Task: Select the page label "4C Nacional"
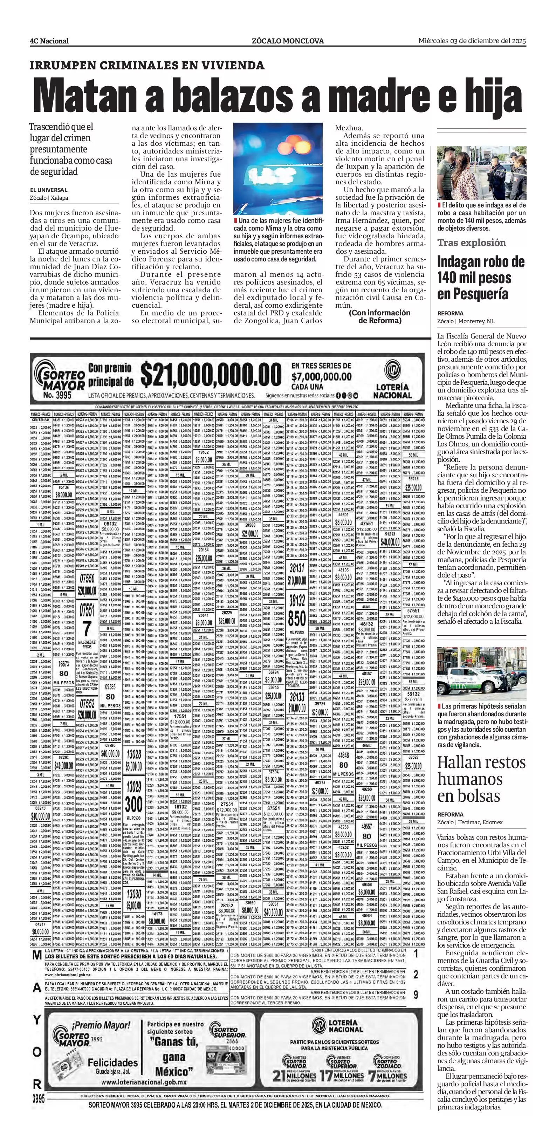49,41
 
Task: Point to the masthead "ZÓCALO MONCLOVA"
287,41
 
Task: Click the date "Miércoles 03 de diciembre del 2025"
472,41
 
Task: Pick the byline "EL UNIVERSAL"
49,190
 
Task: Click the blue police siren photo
278,169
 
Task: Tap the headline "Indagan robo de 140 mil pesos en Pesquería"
474,278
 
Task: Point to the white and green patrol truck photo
481,672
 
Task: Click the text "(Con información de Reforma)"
379,316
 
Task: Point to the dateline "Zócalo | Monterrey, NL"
466,321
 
